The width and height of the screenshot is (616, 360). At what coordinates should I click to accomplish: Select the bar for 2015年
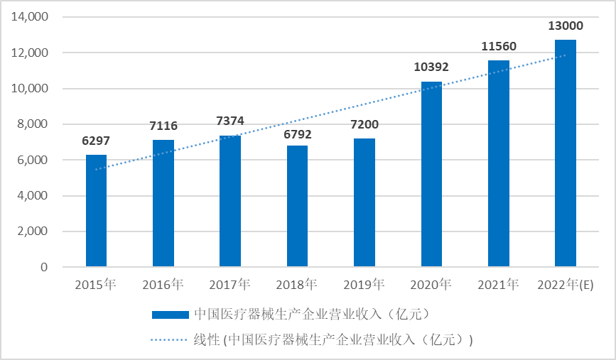[96, 211]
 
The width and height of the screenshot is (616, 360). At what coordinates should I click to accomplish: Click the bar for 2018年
[297, 206]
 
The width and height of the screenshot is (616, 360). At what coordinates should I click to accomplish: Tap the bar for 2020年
[431, 174]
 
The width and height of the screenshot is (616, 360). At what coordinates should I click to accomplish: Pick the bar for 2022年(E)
[566, 153]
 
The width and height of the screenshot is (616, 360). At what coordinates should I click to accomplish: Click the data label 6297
[96, 141]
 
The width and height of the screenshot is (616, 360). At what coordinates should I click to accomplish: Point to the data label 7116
[163, 126]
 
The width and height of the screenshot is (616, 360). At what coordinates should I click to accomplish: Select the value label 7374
[230, 121]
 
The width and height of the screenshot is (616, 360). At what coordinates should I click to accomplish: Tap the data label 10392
[431, 67]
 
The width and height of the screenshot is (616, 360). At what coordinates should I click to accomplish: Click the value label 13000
[566, 26]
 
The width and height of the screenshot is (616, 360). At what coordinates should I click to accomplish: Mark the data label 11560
[498, 47]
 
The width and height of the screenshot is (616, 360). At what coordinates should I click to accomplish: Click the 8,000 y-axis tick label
[33, 124]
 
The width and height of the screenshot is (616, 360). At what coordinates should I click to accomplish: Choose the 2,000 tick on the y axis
[33, 231]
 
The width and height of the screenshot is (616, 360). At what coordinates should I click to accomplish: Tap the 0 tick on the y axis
[44, 268]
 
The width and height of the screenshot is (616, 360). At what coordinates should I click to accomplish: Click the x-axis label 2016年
[163, 285]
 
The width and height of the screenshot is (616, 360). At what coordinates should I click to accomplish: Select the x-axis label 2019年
[364, 285]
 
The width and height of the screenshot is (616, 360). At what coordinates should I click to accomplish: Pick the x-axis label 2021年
[498, 285]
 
